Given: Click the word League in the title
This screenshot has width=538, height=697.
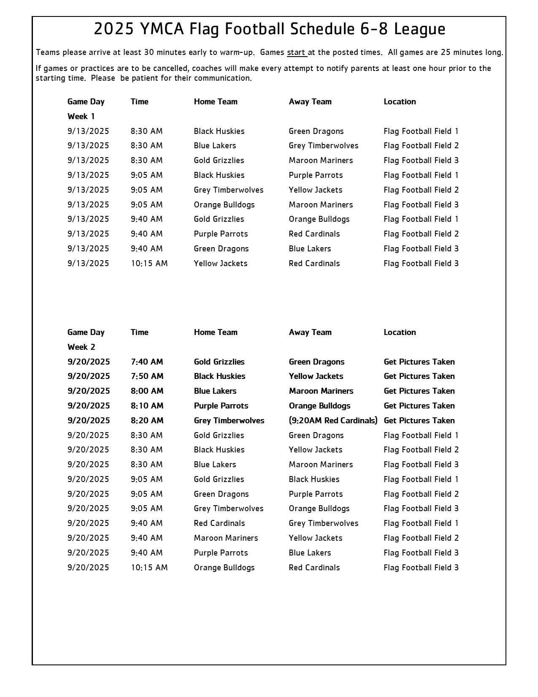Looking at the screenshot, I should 419,29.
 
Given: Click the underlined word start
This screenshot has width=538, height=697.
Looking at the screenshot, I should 296,52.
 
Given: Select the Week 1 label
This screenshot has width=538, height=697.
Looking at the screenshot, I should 81,116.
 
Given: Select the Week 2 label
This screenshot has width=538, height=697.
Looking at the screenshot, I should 81,347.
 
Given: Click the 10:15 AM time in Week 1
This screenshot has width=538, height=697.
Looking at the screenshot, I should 149,263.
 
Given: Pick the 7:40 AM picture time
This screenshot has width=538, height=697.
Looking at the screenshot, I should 147,362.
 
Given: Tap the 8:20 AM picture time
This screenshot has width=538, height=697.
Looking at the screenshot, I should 147,420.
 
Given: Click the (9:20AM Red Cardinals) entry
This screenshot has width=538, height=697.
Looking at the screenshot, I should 333,420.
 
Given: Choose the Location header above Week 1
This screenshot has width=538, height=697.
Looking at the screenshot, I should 400,101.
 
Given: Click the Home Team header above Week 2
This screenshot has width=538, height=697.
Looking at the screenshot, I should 216,332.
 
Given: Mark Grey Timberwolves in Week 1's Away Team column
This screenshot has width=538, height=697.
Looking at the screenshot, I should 323,145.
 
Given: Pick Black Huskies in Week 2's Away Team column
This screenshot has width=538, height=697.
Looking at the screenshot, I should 314,479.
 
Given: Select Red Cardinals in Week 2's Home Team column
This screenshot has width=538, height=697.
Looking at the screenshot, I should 219,523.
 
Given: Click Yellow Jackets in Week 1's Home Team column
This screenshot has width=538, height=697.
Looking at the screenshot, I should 220,263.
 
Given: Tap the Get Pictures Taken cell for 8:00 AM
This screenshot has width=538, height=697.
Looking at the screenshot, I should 419,391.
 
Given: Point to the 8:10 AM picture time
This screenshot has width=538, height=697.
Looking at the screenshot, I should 147,406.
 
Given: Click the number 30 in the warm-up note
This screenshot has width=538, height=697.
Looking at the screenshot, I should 149,52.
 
